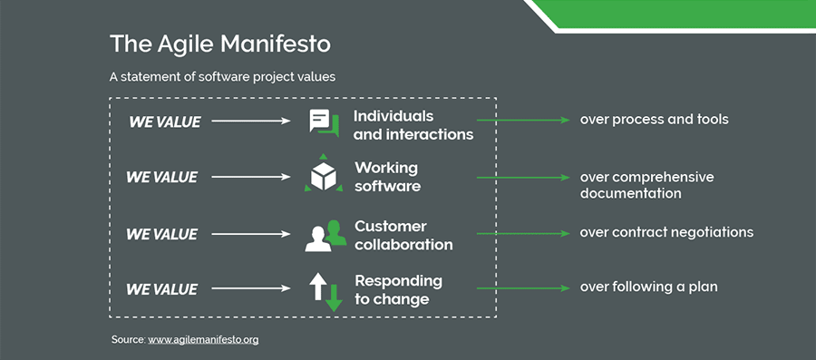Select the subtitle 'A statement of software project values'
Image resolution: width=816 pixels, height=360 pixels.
coord(222,77)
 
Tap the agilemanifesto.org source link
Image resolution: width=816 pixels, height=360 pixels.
coord(203,339)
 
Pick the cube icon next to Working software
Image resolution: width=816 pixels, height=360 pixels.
coord(324,177)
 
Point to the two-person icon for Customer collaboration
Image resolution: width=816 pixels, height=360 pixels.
coord(325,235)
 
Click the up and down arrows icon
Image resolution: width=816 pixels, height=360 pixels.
coord(325,290)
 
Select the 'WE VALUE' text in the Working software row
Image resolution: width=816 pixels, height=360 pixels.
coord(161,178)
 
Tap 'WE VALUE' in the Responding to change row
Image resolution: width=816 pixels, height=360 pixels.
coord(161,290)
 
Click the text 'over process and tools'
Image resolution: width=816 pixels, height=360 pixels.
coord(654,120)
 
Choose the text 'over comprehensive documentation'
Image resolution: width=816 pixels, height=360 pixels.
coord(646,185)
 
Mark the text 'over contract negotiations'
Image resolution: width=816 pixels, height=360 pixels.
coord(666,232)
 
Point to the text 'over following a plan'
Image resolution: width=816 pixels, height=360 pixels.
coord(648,287)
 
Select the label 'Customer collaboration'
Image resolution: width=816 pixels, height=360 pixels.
coord(403,235)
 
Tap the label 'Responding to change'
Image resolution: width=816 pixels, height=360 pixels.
coord(398,289)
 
